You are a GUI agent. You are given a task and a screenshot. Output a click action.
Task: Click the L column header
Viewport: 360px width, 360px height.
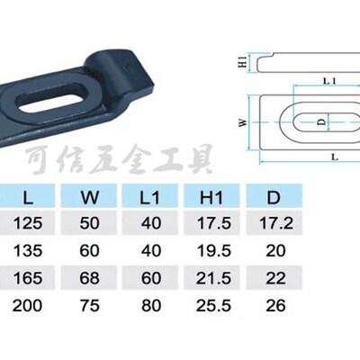[28, 198]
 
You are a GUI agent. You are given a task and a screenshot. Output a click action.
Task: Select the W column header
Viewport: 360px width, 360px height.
[90, 198]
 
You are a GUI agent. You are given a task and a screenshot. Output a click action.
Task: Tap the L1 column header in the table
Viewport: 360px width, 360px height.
[150, 198]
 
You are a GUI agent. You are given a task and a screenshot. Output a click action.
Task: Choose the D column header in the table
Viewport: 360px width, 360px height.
[274, 198]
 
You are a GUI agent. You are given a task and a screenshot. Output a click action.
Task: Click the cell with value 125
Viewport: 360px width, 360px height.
[28, 223]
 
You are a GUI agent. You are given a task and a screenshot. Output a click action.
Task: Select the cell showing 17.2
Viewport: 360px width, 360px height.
[275, 223]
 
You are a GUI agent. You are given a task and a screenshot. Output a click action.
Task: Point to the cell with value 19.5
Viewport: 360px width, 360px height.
[214, 250]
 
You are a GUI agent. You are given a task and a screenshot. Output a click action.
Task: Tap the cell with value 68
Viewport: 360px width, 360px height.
[89, 278]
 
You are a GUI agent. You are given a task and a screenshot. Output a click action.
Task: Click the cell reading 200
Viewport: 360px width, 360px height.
[27, 306]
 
